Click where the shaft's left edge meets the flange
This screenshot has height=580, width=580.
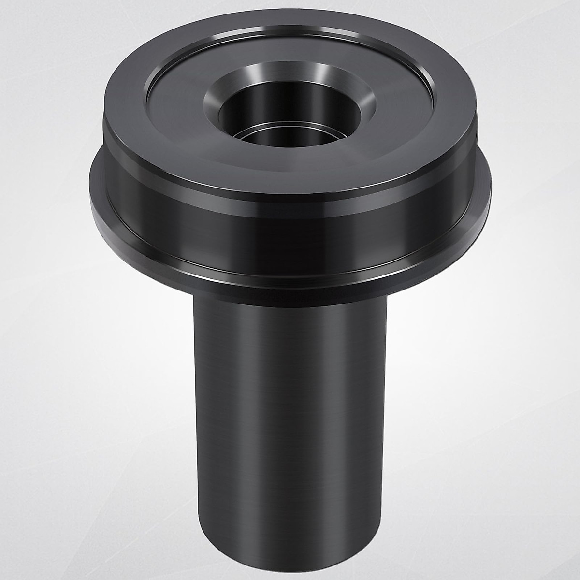point(194,296)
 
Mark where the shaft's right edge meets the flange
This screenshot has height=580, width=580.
point(388,292)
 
